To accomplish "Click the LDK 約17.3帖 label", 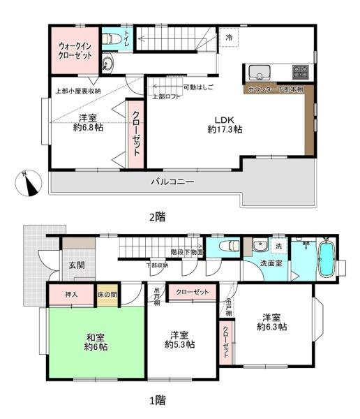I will pos(225,124).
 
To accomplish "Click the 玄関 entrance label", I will pos(77,265).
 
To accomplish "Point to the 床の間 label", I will pos(107,295).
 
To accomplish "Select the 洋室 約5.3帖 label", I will pos(179,339).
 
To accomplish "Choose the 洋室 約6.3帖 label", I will pos(271,321).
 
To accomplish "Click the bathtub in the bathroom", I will pos(326,260).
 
